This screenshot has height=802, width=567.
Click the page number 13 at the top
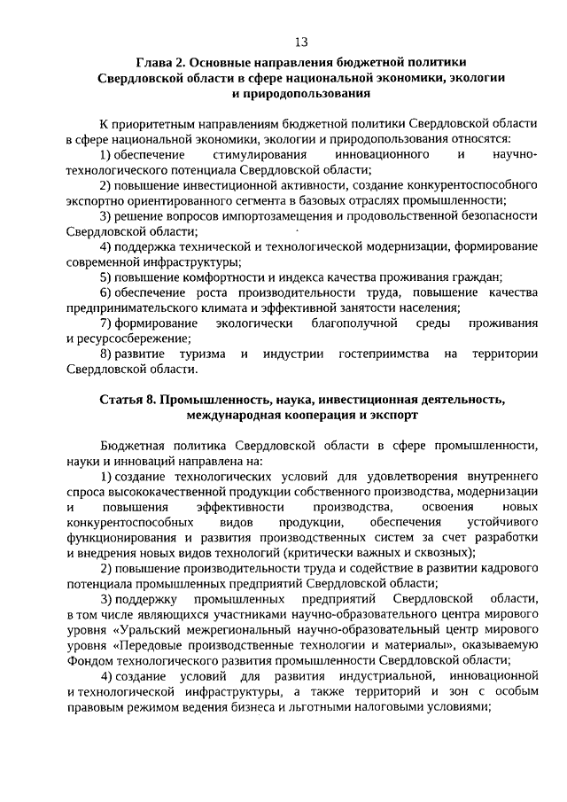tap(300, 42)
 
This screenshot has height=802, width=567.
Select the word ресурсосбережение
tap(128, 338)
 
